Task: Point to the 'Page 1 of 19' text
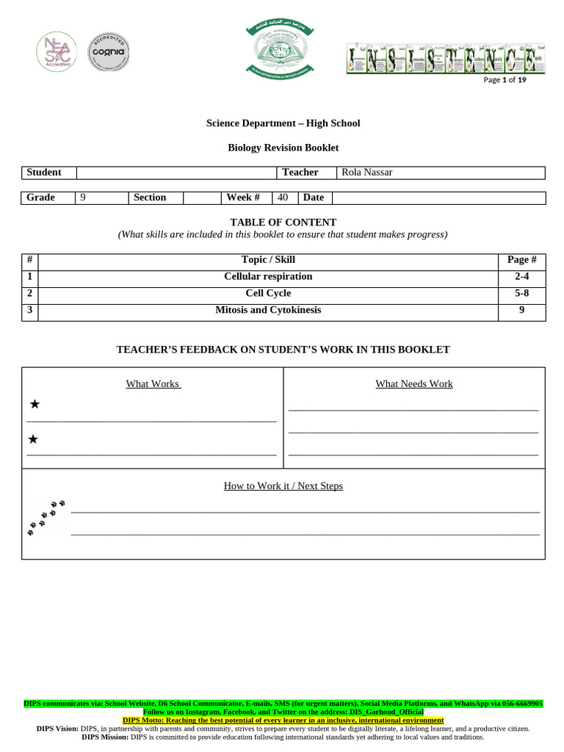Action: point(505,80)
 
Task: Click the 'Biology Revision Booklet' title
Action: point(283,148)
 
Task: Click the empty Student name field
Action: point(176,173)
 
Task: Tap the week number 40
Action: point(283,198)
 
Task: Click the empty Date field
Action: point(438,198)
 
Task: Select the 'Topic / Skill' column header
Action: point(268,260)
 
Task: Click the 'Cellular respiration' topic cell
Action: point(268,277)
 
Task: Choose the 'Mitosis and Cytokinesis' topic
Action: point(268,311)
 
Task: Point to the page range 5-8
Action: point(522,294)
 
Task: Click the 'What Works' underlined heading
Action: point(153,384)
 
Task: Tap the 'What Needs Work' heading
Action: point(414,384)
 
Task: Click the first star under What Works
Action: point(35,405)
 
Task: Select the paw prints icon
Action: point(46,517)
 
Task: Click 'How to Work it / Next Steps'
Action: point(283,486)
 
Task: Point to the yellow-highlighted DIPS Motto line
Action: point(283,720)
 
